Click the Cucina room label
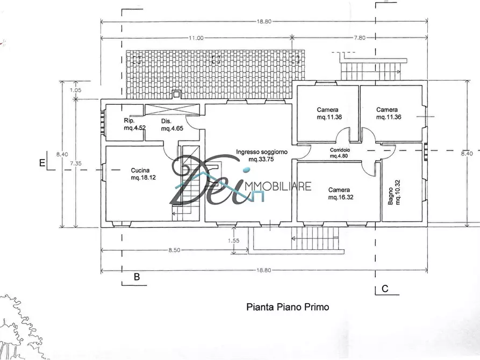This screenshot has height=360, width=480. (144, 174)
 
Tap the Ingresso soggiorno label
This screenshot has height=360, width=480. (262, 155)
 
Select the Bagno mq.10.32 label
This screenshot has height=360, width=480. (394, 192)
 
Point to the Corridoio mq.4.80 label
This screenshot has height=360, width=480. (340, 153)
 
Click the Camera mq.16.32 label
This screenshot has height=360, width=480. (340, 193)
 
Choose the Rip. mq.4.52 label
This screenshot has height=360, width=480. (134, 124)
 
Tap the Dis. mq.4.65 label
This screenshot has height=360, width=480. (172, 125)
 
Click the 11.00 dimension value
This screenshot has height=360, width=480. (196, 38)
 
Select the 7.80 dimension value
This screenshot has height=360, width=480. (360, 38)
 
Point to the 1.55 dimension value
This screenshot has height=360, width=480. (234, 241)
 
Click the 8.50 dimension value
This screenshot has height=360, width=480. (174, 250)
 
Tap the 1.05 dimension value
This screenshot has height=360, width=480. (75, 90)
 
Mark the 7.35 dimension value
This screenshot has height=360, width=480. (76, 163)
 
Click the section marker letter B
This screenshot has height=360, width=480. (137, 277)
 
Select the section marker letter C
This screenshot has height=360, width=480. (385, 289)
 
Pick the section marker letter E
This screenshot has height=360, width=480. (42, 163)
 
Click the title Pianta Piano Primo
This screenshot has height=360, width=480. (288, 307)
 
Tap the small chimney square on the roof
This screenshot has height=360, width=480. (176, 94)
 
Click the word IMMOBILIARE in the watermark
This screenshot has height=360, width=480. (278, 186)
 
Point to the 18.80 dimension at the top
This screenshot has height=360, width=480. (264, 21)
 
